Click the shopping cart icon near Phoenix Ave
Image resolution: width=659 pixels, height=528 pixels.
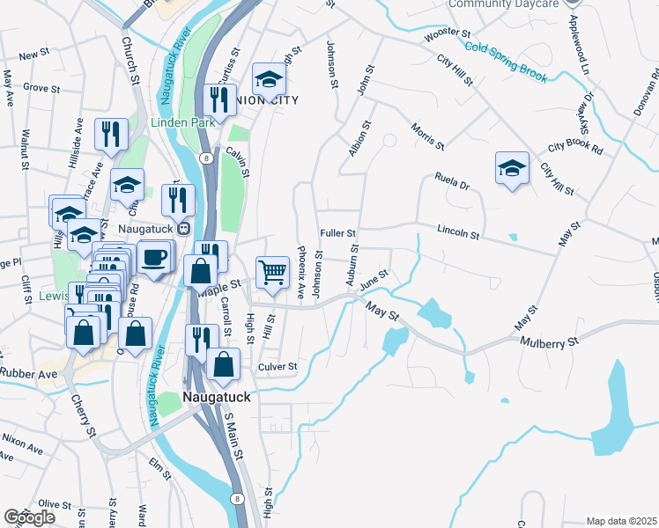tap(273, 272)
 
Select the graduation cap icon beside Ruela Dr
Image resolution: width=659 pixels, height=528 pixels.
tap(512, 167)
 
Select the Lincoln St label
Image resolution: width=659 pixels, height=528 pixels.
tap(457, 235)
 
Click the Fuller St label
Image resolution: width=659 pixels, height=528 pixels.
tap(337, 233)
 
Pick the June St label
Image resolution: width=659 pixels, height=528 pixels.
tap(374, 277)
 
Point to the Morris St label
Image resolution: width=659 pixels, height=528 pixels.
tap(427, 136)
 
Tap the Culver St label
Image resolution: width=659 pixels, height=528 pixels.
tap(278, 366)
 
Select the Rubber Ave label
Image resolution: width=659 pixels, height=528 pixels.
tap(28, 373)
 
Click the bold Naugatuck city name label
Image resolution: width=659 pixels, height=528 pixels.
tap(218, 397)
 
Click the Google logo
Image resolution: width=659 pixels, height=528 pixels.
tap(29, 517)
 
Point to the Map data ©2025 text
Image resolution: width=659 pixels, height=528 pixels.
tap(621, 521)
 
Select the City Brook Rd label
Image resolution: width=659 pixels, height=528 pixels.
tap(574, 148)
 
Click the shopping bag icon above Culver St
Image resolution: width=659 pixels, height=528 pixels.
tap(224, 363)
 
